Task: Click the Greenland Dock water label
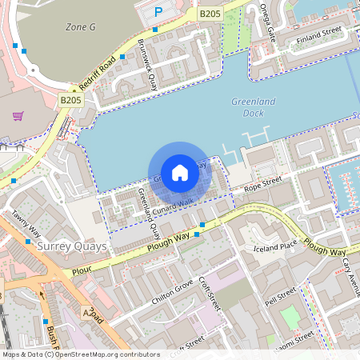click(253, 107)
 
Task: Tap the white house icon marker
click(180, 172)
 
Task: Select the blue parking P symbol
click(158, 12)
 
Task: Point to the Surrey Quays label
click(72, 246)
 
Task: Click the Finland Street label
click(318, 36)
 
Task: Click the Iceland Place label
click(275, 246)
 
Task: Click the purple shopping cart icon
click(18, 116)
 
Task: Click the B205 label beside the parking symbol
click(210, 14)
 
